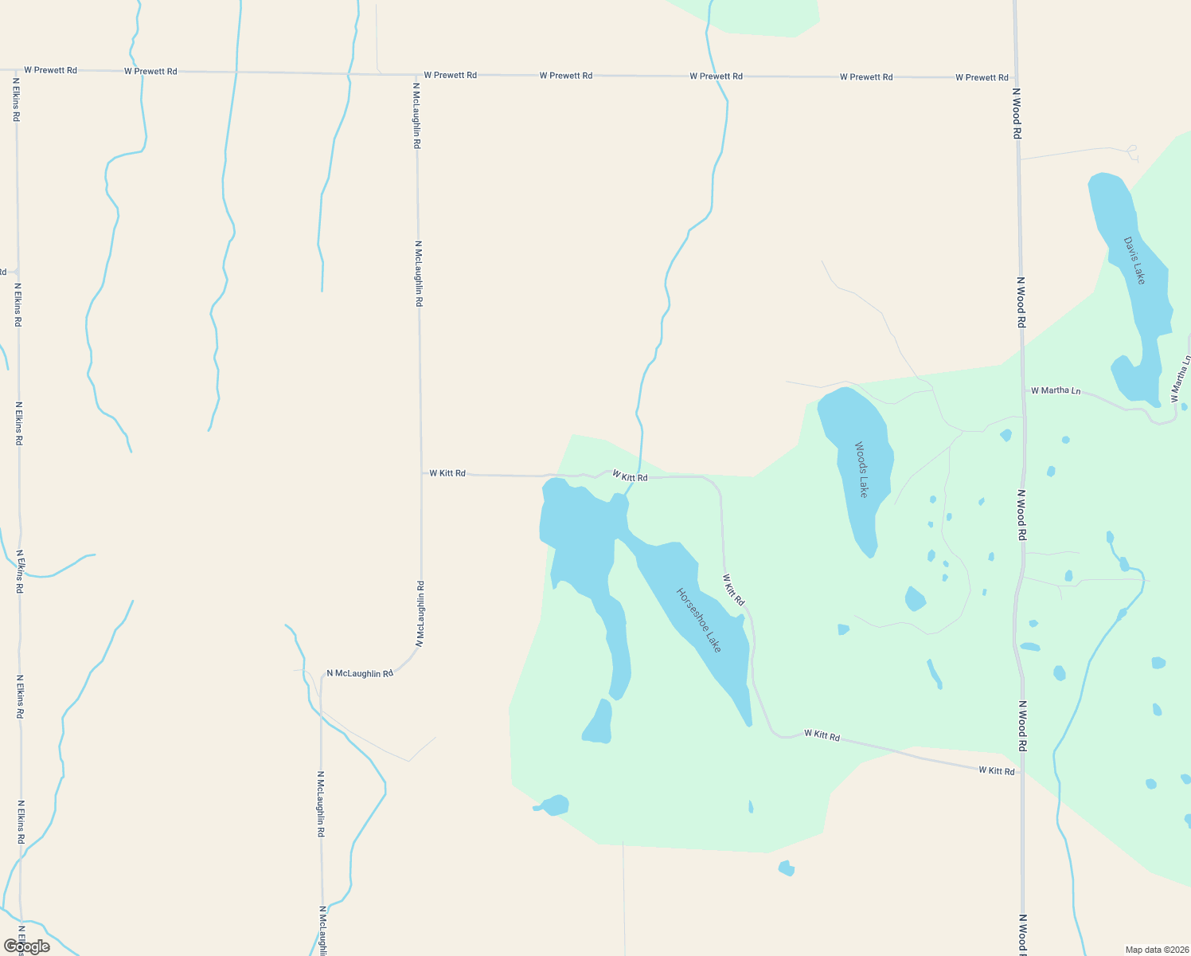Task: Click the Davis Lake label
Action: (x=1134, y=261)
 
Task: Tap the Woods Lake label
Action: (x=861, y=469)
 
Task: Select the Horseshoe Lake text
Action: (x=699, y=621)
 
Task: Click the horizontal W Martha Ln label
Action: (x=1056, y=390)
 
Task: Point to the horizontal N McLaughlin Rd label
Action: (x=360, y=673)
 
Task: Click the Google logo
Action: (x=27, y=946)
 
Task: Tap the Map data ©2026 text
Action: (x=1155, y=950)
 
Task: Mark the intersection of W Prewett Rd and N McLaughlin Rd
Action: (x=416, y=75)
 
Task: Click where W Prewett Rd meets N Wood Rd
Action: (x=1016, y=78)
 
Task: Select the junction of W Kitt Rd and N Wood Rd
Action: (x=1023, y=773)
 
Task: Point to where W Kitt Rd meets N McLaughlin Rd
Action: (x=420, y=473)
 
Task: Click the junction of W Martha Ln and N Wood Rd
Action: (x=1022, y=390)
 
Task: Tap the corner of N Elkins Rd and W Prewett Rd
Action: (x=16, y=70)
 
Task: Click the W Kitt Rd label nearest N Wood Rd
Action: (x=997, y=770)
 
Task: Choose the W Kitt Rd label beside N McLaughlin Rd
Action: (x=447, y=473)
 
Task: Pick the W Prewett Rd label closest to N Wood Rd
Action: (x=982, y=77)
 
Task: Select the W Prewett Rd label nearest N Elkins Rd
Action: (x=50, y=70)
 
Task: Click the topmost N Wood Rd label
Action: (x=1016, y=113)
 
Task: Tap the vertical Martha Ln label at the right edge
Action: (x=1177, y=378)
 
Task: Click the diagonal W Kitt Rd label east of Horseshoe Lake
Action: (x=733, y=590)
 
